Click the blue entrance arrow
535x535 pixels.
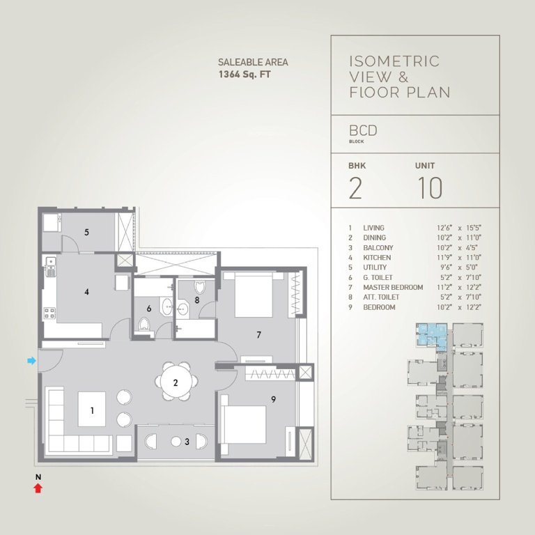click(x=31, y=360)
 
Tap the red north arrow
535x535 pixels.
click(x=38, y=488)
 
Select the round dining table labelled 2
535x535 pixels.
click(x=176, y=382)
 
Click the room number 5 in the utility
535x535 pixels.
click(x=86, y=232)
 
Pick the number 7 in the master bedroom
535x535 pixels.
click(x=258, y=335)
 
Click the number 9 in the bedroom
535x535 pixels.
click(x=274, y=399)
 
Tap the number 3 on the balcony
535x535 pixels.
click(x=186, y=442)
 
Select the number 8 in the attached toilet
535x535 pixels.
click(x=197, y=301)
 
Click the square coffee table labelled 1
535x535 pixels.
click(x=92, y=410)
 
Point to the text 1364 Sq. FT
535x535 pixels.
click(x=245, y=74)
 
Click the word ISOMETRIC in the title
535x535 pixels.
click(x=394, y=62)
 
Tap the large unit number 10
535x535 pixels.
click(x=431, y=188)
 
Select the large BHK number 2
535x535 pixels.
click(x=355, y=188)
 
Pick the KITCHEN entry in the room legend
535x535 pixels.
click(x=377, y=258)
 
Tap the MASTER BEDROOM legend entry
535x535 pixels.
click(x=393, y=287)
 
